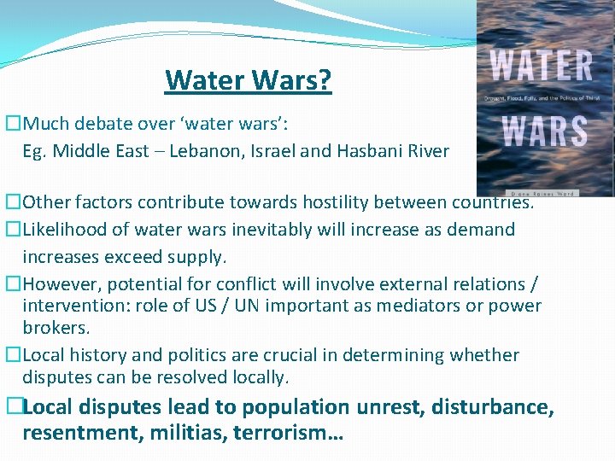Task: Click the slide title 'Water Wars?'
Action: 248,81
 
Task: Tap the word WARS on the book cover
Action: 543,132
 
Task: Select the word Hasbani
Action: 378,151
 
